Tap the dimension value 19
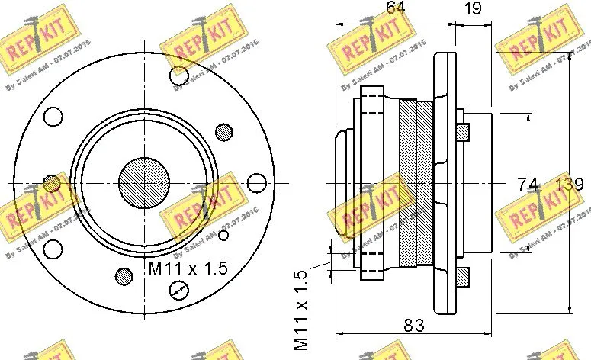472,9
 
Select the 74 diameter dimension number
528,184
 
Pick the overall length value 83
413,325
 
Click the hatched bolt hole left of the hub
51,183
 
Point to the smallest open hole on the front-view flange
223,236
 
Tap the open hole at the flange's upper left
53,117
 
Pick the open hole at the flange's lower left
53,249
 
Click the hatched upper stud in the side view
461,131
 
